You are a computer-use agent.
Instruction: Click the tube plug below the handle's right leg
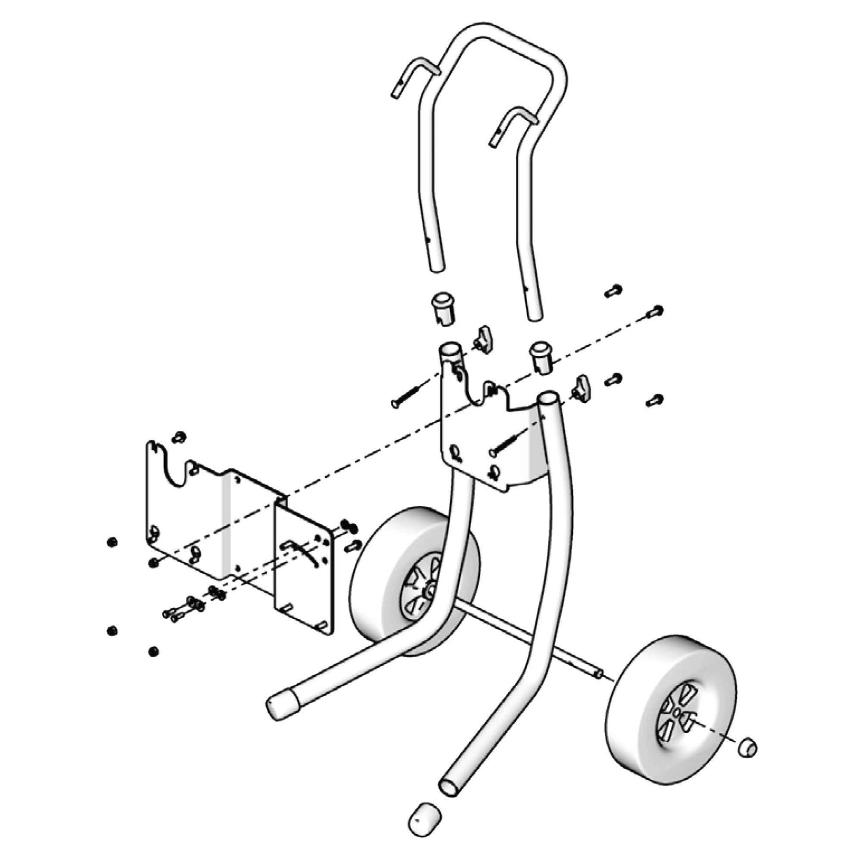click(x=540, y=357)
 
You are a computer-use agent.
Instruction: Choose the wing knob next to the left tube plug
click(x=482, y=339)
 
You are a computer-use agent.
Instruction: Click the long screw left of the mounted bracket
click(x=405, y=397)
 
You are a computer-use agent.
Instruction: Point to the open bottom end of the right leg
click(x=450, y=785)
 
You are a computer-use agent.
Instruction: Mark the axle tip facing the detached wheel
click(x=598, y=675)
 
